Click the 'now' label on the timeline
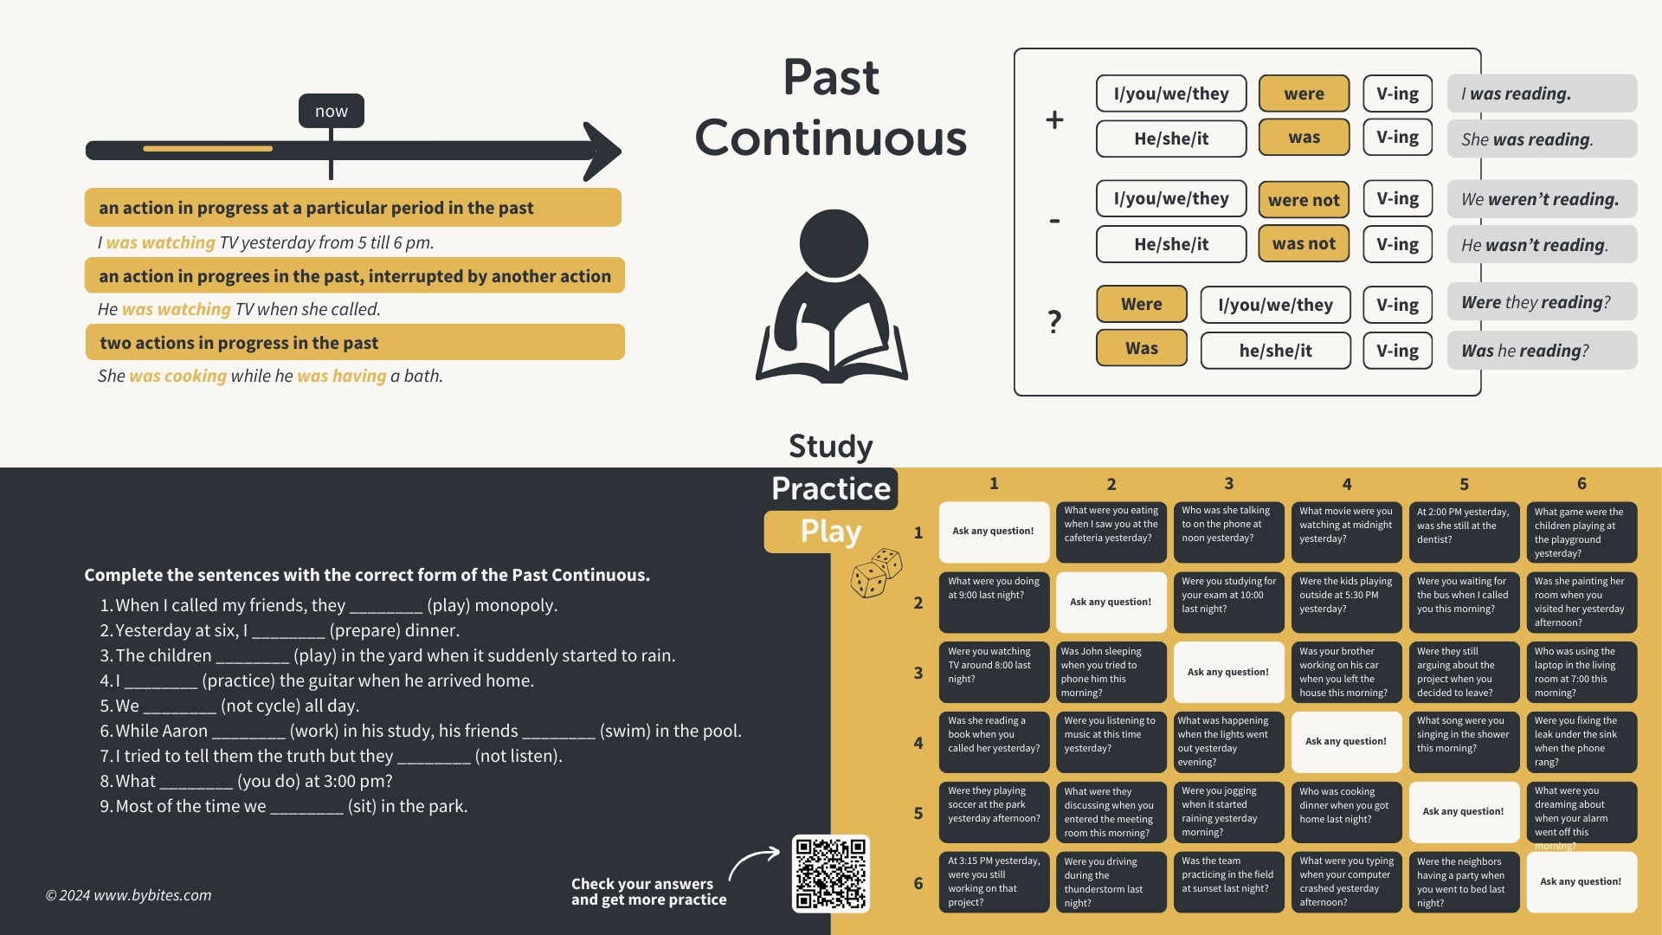(x=331, y=111)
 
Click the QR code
(x=830, y=873)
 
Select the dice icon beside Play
(x=876, y=573)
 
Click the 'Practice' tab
(x=831, y=489)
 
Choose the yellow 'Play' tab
(x=831, y=531)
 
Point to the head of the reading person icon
(x=833, y=243)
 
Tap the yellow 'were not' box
(x=1304, y=200)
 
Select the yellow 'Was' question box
(x=1141, y=348)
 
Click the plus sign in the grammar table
(x=1054, y=119)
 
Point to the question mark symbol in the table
(x=1054, y=322)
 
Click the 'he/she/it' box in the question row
(x=1275, y=351)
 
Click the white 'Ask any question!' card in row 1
(x=994, y=532)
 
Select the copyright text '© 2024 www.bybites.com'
(x=128, y=895)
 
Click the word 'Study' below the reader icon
(x=831, y=446)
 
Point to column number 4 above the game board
(x=1346, y=484)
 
